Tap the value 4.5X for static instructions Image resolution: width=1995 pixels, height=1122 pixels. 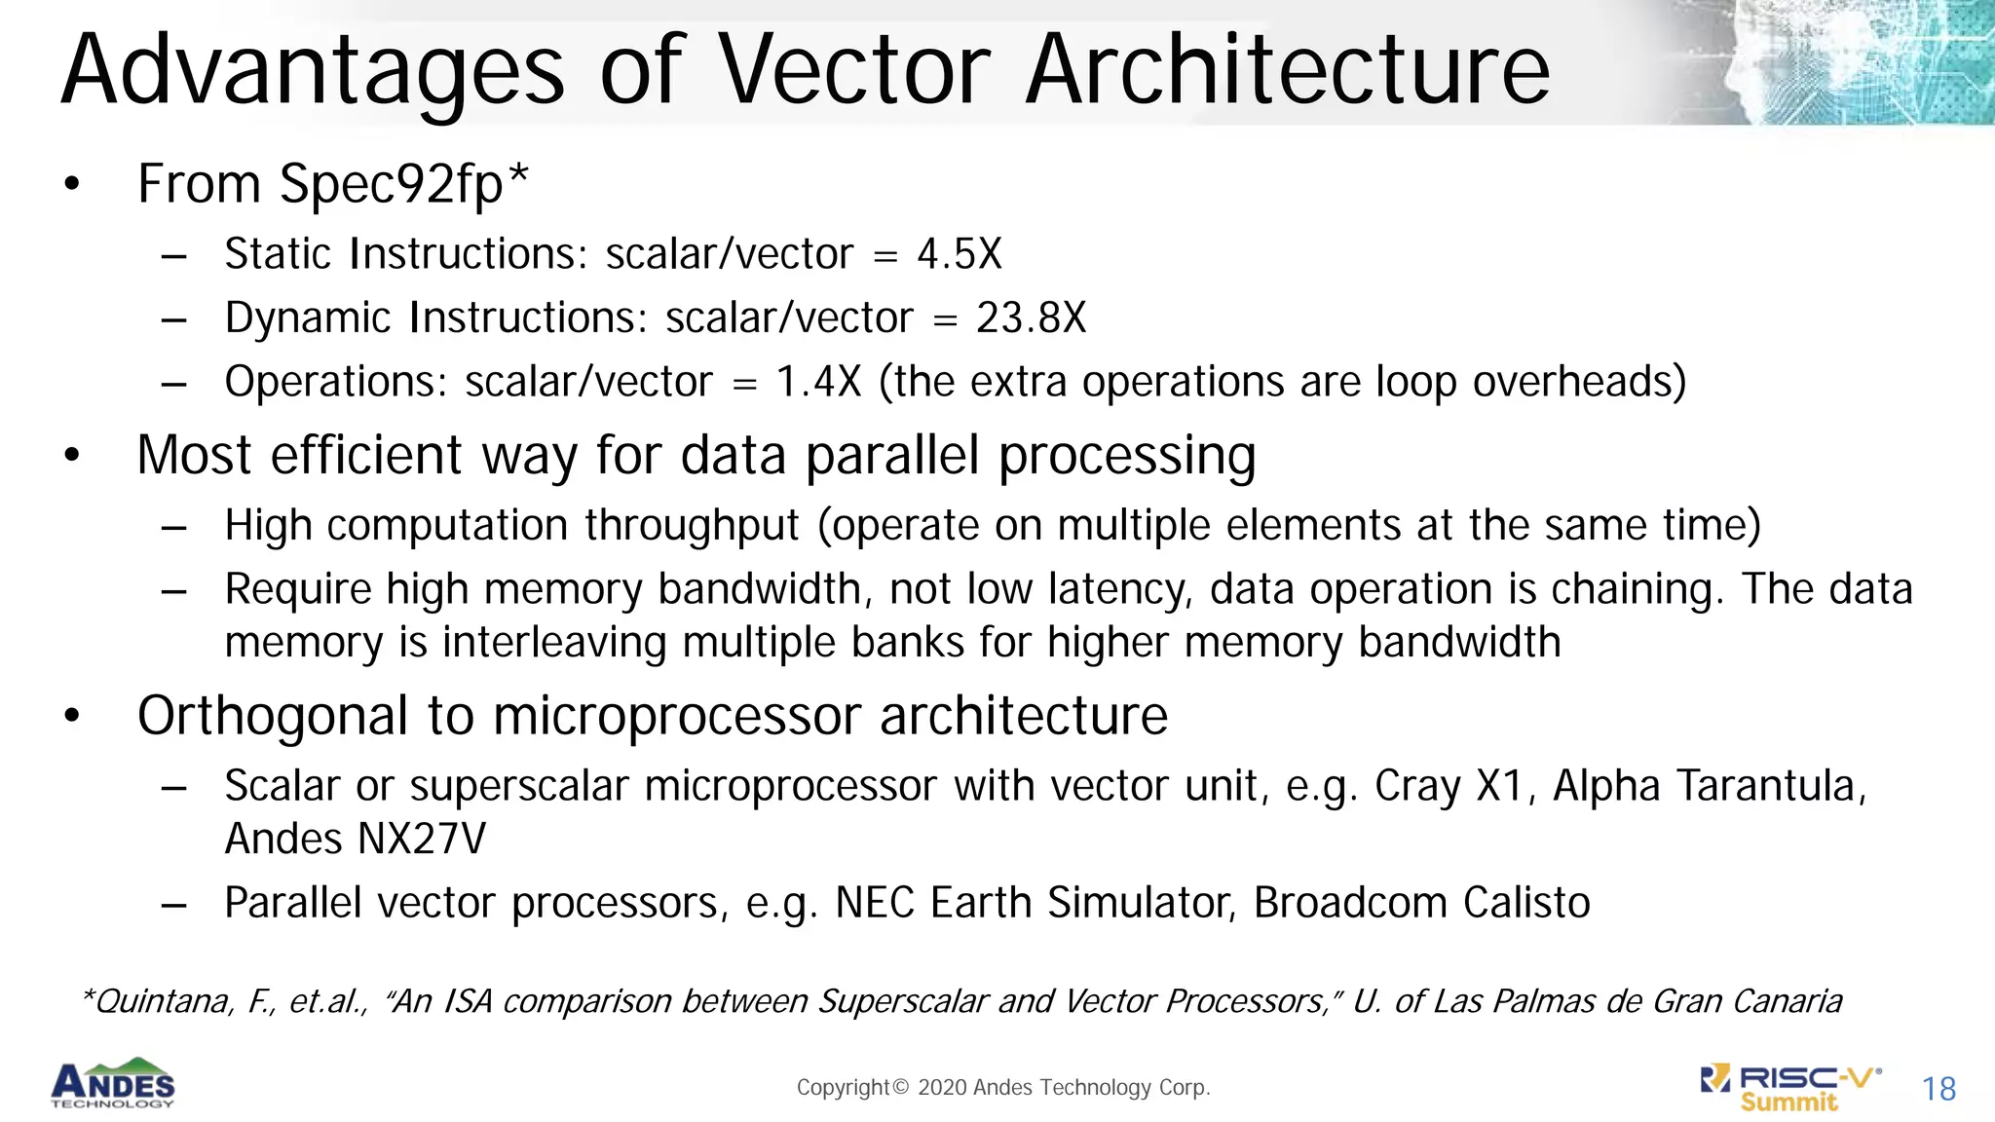pyautogui.click(x=959, y=254)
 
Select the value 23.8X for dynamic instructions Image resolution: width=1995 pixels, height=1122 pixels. pyautogui.click(x=1031, y=318)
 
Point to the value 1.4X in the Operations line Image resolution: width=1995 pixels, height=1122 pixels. pyautogui.click(x=818, y=382)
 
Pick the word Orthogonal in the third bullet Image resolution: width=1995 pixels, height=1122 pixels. pyautogui.click(x=272, y=717)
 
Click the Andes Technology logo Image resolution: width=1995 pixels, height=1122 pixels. pyautogui.click(x=113, y=1083)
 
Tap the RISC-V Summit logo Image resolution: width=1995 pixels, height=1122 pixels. pyautogui.click(x=1790, y=1088)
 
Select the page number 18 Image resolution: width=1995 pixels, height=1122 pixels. pyautogui.click(x=1939, y=1089)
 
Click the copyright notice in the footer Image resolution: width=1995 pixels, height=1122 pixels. pyautogui.click(x=1003, y=1087)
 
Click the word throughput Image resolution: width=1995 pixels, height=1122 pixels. pyautogui.click(x=692, y=526)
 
